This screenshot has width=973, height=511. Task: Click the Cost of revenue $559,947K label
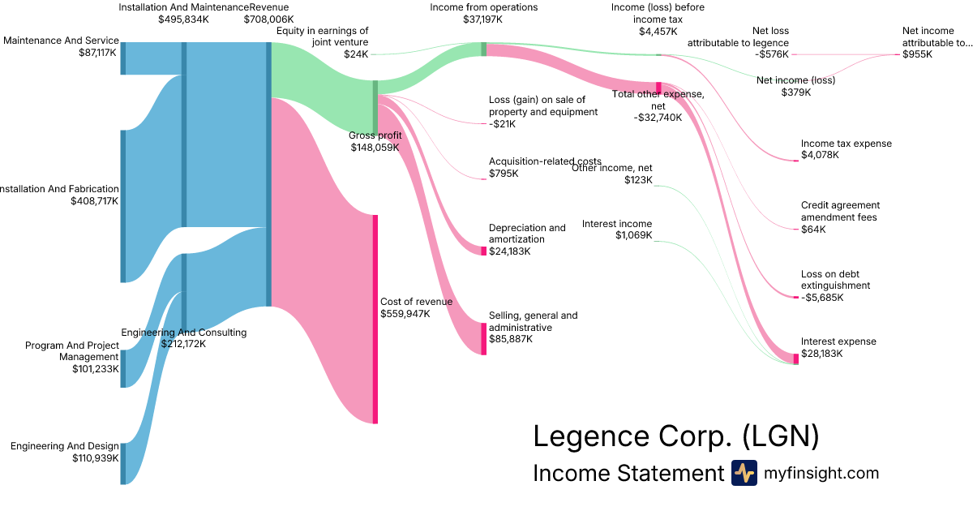[x=416, y=307]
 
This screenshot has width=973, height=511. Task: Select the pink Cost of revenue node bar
[x=375, y=319]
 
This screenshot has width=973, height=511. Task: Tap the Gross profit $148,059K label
[x=375, y=142]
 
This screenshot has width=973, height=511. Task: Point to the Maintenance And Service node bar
[x=123, y=57]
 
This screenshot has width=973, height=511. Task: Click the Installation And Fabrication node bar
[x=123, y=206]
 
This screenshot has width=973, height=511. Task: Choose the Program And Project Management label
[x=71, y=357]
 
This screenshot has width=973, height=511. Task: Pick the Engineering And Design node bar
[x=123, y=463]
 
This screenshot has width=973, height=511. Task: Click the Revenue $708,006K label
[x=268, y=13]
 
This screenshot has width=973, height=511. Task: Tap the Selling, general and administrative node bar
[x=484, y=338]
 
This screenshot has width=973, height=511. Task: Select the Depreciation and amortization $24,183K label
[x=527, y=239]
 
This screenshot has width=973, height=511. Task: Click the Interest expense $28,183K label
[x=838, y=347]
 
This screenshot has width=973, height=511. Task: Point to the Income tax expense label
[x=846, y=149]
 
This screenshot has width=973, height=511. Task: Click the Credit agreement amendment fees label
[x=840, y=217]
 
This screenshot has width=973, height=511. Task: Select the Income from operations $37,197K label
[x=483, y=13]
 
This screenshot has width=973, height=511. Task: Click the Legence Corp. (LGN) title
[x=675, y=436]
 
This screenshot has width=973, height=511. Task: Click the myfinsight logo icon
[x=744, y=473]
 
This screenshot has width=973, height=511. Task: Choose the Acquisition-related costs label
[x=532, y=167]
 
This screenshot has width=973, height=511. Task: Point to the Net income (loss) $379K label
[x=795, y=86]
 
